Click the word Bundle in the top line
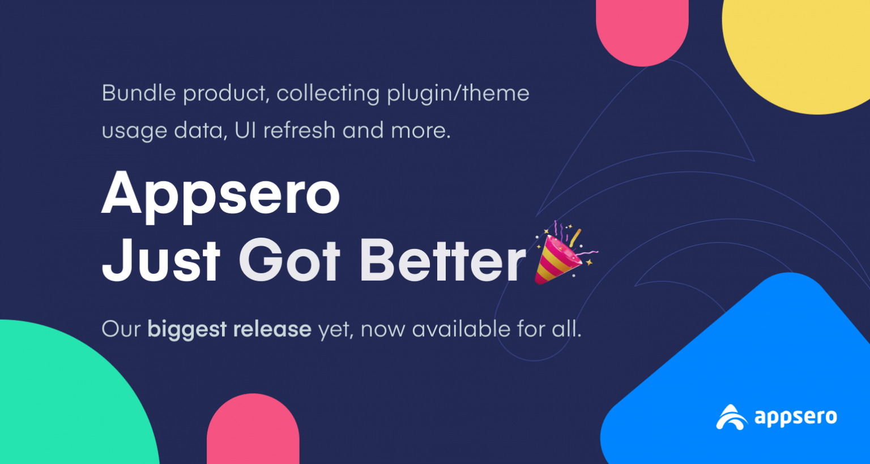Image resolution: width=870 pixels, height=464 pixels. point(138,93)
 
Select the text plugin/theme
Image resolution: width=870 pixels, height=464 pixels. point(458,93)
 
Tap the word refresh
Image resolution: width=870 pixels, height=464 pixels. point(300,130)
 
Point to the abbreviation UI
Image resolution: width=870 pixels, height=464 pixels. point(245,130)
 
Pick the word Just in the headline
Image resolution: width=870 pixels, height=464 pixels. point(161,260)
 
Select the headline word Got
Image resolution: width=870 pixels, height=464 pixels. point(289,260)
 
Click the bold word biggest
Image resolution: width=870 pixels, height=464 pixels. point(187,329)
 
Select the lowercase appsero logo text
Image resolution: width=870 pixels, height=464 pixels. point(796,418)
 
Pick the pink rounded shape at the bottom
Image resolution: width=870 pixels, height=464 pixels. point(253,433)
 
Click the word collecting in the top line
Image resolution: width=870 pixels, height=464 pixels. point(327,93)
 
